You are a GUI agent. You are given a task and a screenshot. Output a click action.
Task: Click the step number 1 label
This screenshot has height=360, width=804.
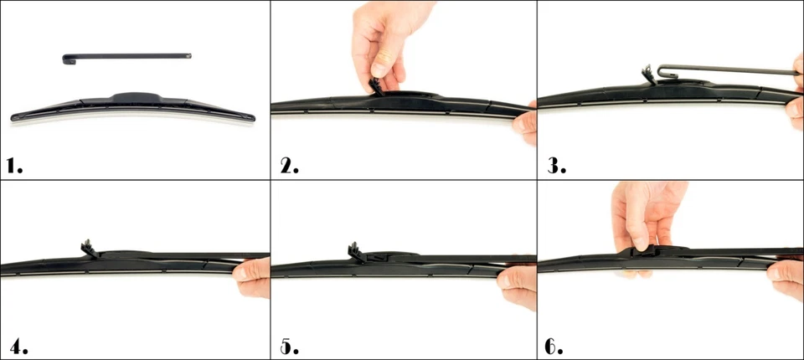[14, 165]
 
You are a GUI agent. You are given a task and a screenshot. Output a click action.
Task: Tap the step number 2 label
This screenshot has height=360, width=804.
[288, 165]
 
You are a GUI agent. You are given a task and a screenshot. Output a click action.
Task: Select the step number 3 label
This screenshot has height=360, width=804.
[557, 165]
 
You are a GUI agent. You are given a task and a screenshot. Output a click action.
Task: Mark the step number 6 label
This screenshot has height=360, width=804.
[555, 344]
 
